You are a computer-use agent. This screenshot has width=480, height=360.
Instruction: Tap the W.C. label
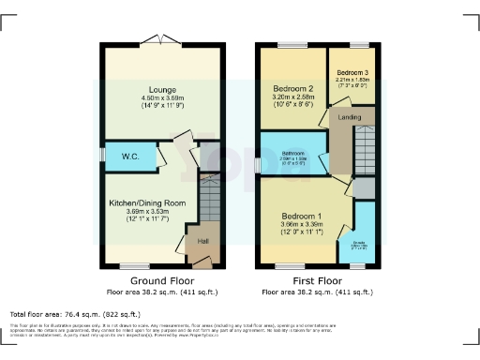(x=129, y=157)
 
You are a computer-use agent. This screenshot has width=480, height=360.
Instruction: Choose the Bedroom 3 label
(x=353, y=72)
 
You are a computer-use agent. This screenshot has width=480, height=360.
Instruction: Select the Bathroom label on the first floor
(x=292, y=152)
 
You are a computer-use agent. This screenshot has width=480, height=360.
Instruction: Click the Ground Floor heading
(x=156, y=280)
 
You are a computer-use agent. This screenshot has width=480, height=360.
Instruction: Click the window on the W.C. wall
(x=103, y=156)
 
